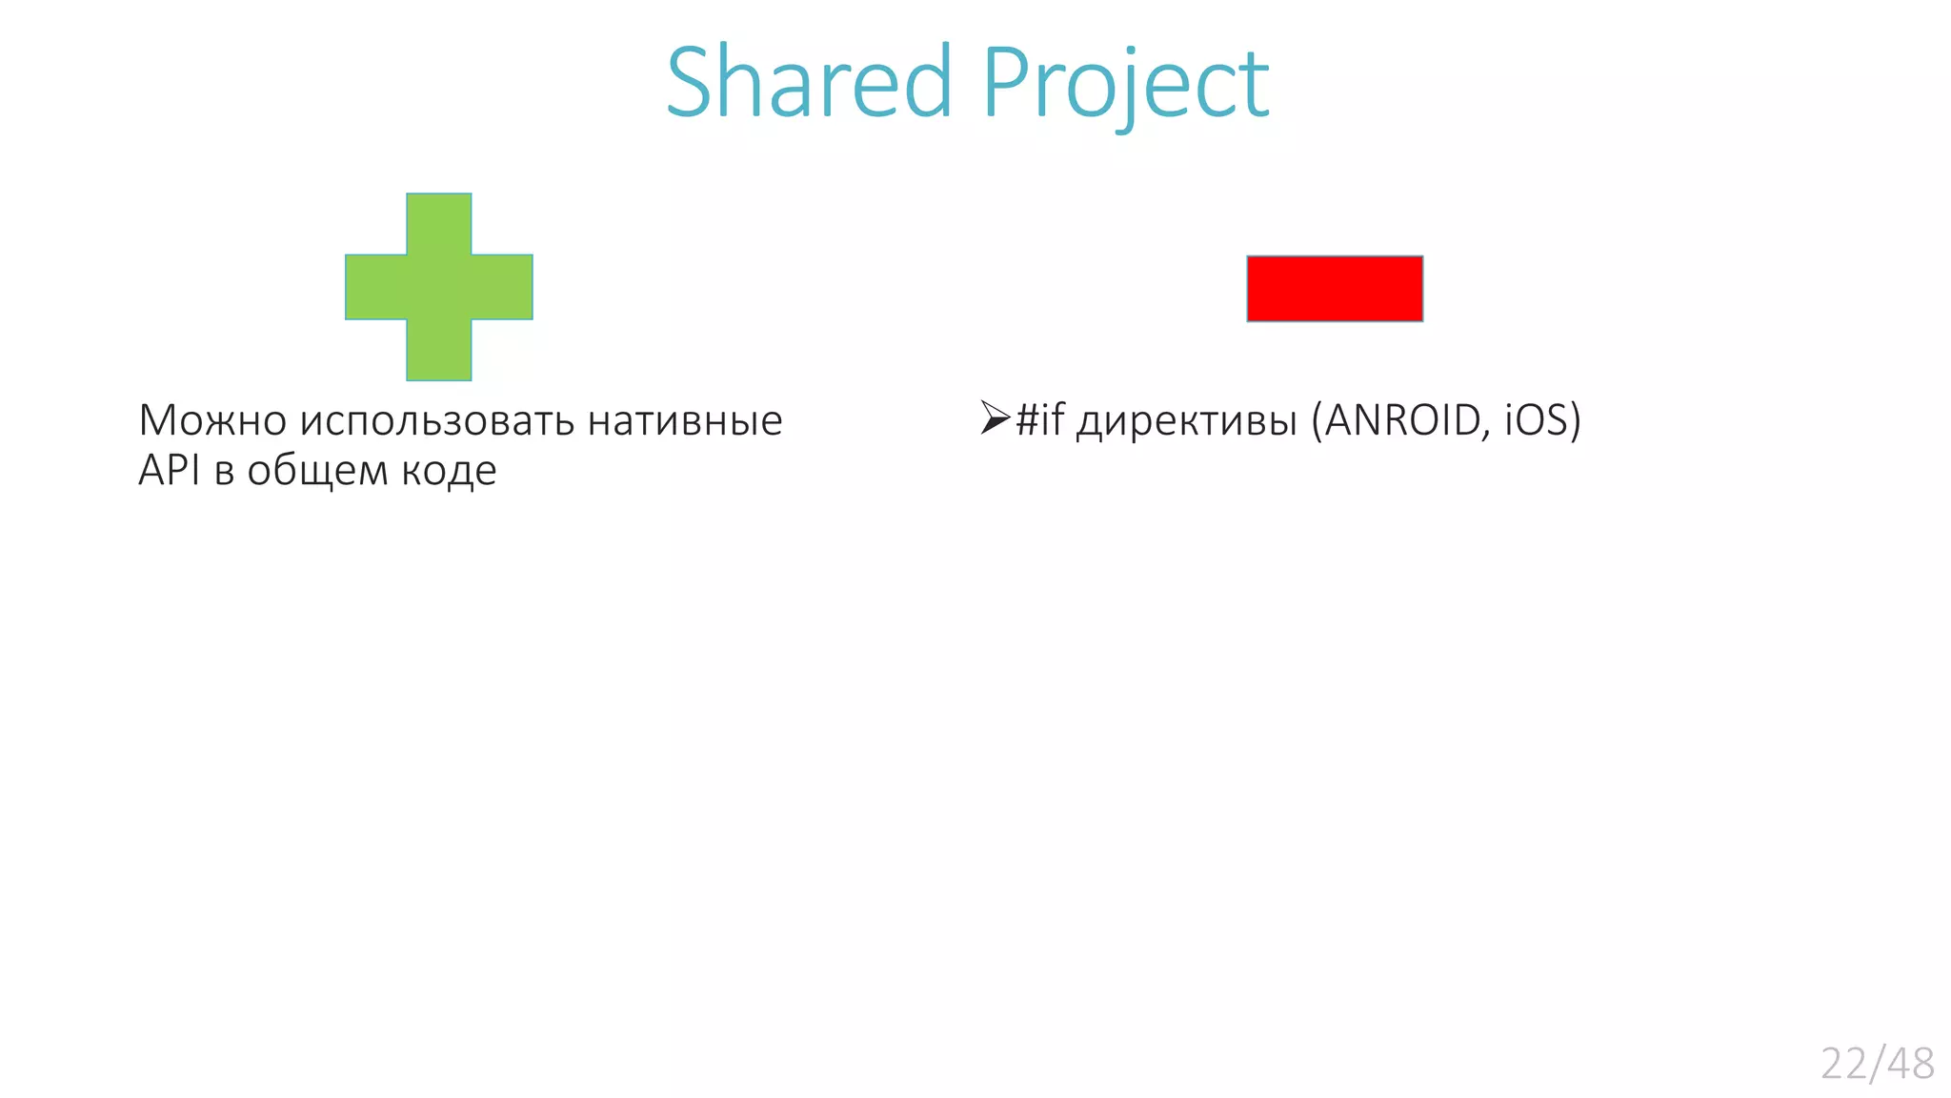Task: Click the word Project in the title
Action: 1126,84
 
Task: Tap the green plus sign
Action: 439,287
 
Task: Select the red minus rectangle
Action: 1335,289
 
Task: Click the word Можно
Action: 212,420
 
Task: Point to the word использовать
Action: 437,420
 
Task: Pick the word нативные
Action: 685,420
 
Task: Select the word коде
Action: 449,471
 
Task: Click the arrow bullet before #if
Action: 995,417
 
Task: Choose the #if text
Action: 1039,419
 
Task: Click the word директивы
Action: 1187,421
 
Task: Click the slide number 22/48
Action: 1877,1064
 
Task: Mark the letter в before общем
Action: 225,472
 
